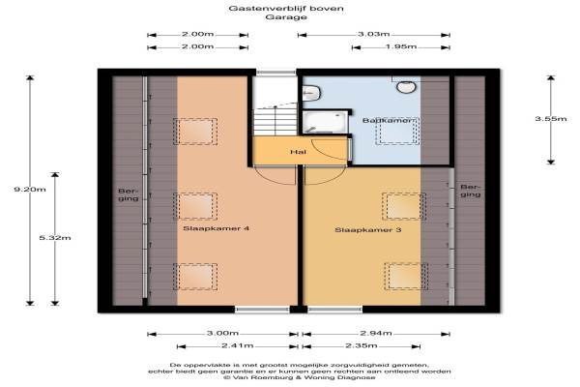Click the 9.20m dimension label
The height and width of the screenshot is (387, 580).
[x=30, y=190]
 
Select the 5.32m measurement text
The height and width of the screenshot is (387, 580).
[x=55, y=238]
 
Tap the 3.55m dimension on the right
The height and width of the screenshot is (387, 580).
[x=551, y=119]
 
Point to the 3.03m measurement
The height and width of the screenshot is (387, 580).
[x=373, y=34]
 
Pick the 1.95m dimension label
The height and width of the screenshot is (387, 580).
[x=401, y=46]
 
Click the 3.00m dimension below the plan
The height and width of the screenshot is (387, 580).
[x=222, y=333]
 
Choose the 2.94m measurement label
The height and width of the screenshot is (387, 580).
[x=376, y=333]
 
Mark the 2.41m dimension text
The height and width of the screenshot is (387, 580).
[x=238, y=346]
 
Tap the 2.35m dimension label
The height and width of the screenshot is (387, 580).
[x=362, y=346]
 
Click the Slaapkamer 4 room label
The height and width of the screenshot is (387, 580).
[x=217, y=228]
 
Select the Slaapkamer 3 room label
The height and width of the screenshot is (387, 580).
[x=368, y=230]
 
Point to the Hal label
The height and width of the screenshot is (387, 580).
[x=299, y=152]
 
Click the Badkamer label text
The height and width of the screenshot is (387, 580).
[x=387, y=121]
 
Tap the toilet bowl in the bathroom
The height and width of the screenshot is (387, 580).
[x=406, y=87]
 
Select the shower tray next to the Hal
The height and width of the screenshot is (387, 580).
[x=326, y=122]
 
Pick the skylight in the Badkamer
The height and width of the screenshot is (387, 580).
[x=397, y=132]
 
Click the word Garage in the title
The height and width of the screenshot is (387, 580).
[x=286, y=17]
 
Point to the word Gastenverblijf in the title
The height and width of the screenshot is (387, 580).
[x=267, y=8]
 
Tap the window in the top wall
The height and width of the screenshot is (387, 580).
[x=276, y=73]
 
